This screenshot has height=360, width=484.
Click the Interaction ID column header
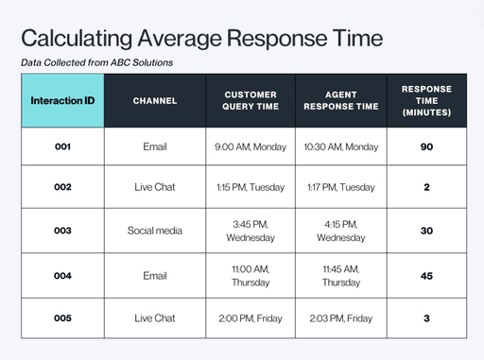[62, 101]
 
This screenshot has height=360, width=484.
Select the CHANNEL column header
[155, 101]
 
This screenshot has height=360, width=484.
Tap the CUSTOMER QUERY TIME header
[251, 101]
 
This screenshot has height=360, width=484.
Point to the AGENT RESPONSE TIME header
[340, 101]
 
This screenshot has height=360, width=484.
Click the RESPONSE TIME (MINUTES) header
[426, 101]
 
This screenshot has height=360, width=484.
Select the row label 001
[62, 147]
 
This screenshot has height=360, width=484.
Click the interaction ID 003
[62, 231]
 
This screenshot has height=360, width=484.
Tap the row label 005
[62, 318]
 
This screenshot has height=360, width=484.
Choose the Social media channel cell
[155, 231]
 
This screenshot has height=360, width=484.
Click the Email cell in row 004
[155, 276]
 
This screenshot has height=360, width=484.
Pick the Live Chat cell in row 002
[155, 187]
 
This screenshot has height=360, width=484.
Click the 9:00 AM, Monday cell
[251, 147]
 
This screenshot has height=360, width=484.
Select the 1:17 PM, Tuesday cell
[340, 187]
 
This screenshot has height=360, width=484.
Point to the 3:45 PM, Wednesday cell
[251, 231]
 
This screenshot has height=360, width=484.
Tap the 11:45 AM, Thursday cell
[340, 276]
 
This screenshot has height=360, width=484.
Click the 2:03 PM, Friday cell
[340, 318]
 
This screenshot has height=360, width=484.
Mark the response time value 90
[426, 147]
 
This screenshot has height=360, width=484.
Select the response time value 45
[426, 276]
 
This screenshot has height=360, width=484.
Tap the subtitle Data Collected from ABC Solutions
[96, 63]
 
